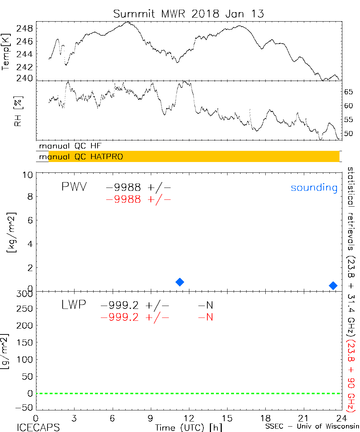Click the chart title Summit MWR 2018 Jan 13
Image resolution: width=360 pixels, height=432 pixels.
click(x=189, y=14)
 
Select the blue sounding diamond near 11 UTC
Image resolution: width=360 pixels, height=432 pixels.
click(x=180, y=282)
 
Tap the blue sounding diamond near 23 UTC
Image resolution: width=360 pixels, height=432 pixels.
click(x=333, y=285)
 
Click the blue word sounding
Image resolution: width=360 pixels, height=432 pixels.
click(x=314, y=188)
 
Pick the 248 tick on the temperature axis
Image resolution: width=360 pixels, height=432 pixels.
click(x=26, y=28)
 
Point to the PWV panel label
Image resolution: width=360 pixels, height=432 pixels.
click(x=74, y=187)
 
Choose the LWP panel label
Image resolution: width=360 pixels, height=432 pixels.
click(x=73, y=305)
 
